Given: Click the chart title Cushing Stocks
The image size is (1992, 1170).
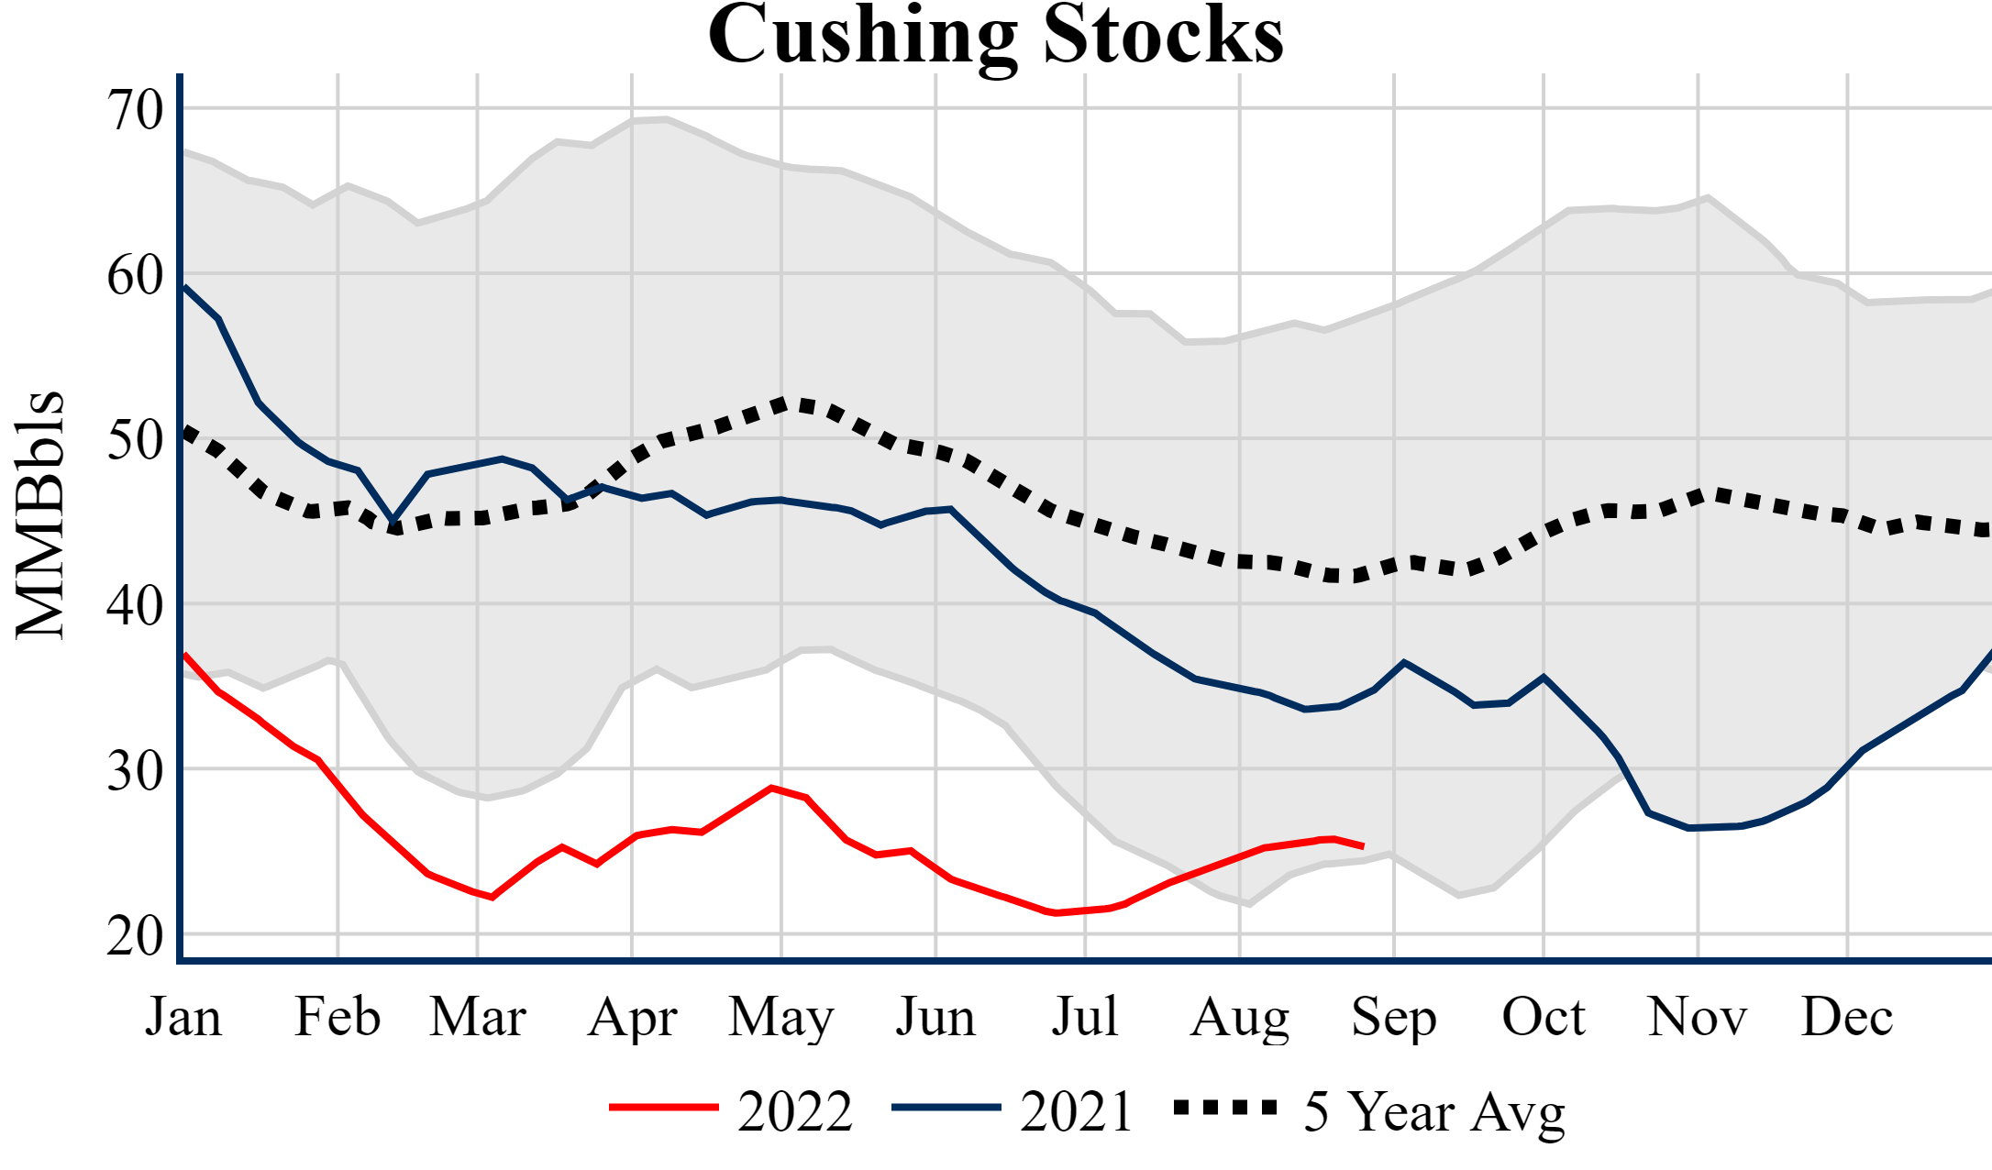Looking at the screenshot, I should (995, 35).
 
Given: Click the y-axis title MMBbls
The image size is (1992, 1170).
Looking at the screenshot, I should (40, 514).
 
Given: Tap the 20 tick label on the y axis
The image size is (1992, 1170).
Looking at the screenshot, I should (135, 936).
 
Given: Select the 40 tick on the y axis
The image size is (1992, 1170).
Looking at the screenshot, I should (135, 605).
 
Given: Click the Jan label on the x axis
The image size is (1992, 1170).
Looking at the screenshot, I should (183, 1017).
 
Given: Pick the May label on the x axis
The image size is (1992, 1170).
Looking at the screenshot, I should (780, 1017).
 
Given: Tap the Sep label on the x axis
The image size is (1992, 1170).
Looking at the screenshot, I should (1393, 1017).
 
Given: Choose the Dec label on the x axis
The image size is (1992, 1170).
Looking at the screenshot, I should (1846, 1017).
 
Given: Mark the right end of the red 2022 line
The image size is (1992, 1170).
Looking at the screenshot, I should (1364, 846).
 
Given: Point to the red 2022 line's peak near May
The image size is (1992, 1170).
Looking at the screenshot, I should (772, 788).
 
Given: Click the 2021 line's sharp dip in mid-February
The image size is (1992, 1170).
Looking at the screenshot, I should (393, 520).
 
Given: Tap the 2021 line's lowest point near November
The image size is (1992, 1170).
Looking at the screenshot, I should (1690, 828).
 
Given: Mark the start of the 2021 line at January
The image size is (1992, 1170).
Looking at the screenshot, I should (185, 287).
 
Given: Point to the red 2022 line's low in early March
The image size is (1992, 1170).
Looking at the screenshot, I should (492, 898).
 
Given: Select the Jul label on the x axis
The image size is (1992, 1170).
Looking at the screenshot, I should (1085, 1017).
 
